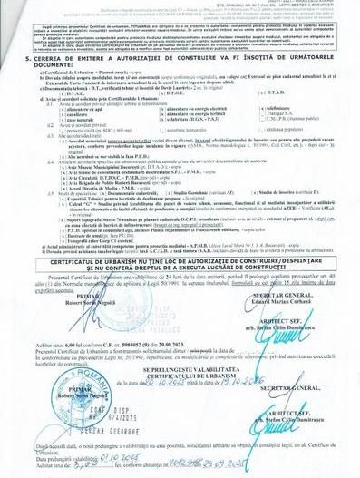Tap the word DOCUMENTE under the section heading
tap(34, 91)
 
